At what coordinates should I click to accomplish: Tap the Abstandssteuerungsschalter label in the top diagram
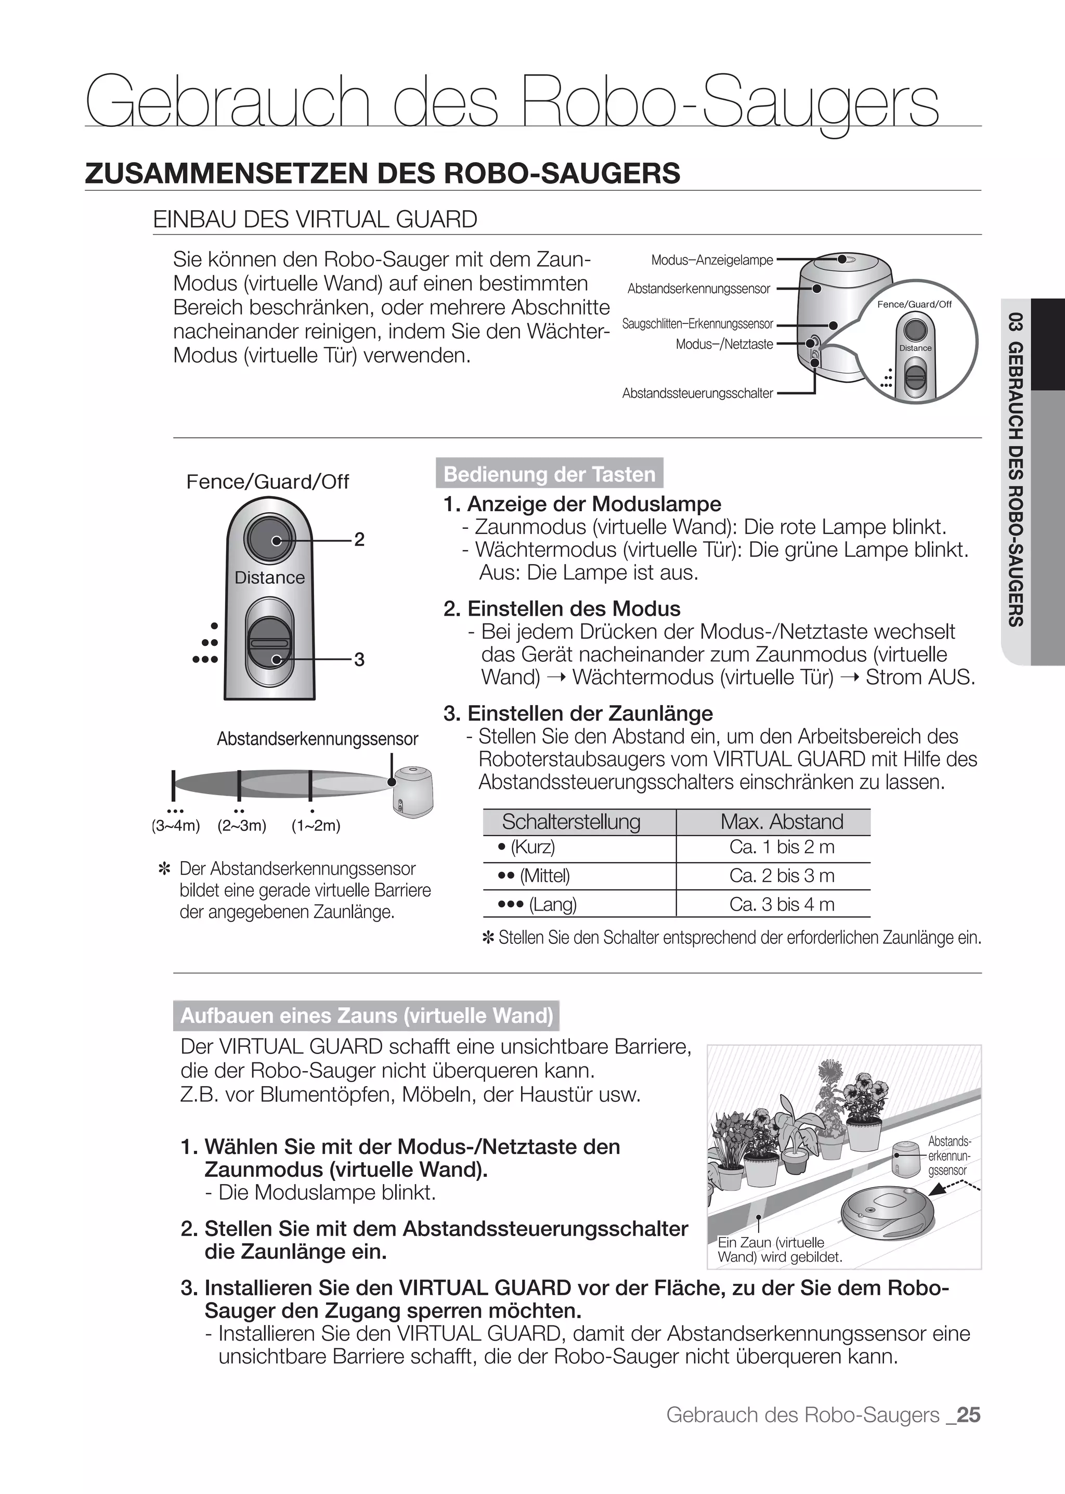pyautogui.click(x=697, y=394)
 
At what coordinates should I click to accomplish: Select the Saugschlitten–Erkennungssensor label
pyautogui.click(x=697, y=324)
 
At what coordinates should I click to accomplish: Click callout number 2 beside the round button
pyautogui.click(x=359, y=540)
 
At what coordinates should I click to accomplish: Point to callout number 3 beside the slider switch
pyautogui.click(x=359, y=659)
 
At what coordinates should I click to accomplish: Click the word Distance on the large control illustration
pyautogui.click(x=269, y=578)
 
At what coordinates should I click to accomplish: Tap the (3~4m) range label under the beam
pyautogui.click(x=175, y=826)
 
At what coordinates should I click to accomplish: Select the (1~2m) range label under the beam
pyautogui.click(x=316, y=826)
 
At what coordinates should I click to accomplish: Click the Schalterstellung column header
pyautogui.click(x=570, y=822)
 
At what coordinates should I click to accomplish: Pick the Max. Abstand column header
pyautogui.click(x=781, y=822)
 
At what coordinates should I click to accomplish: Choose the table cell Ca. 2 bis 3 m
pyautogui.click(x=781, y=876)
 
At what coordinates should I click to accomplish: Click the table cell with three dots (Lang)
pyautogui.click(x=538, y=904)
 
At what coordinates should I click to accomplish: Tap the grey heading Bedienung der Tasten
pyautogui.click(x=549, y=474)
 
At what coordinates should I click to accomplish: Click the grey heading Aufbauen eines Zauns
pyautogui.click(x=367, y=1016)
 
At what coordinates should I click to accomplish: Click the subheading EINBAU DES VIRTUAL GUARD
pyautogui.click(x=315, y=219)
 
